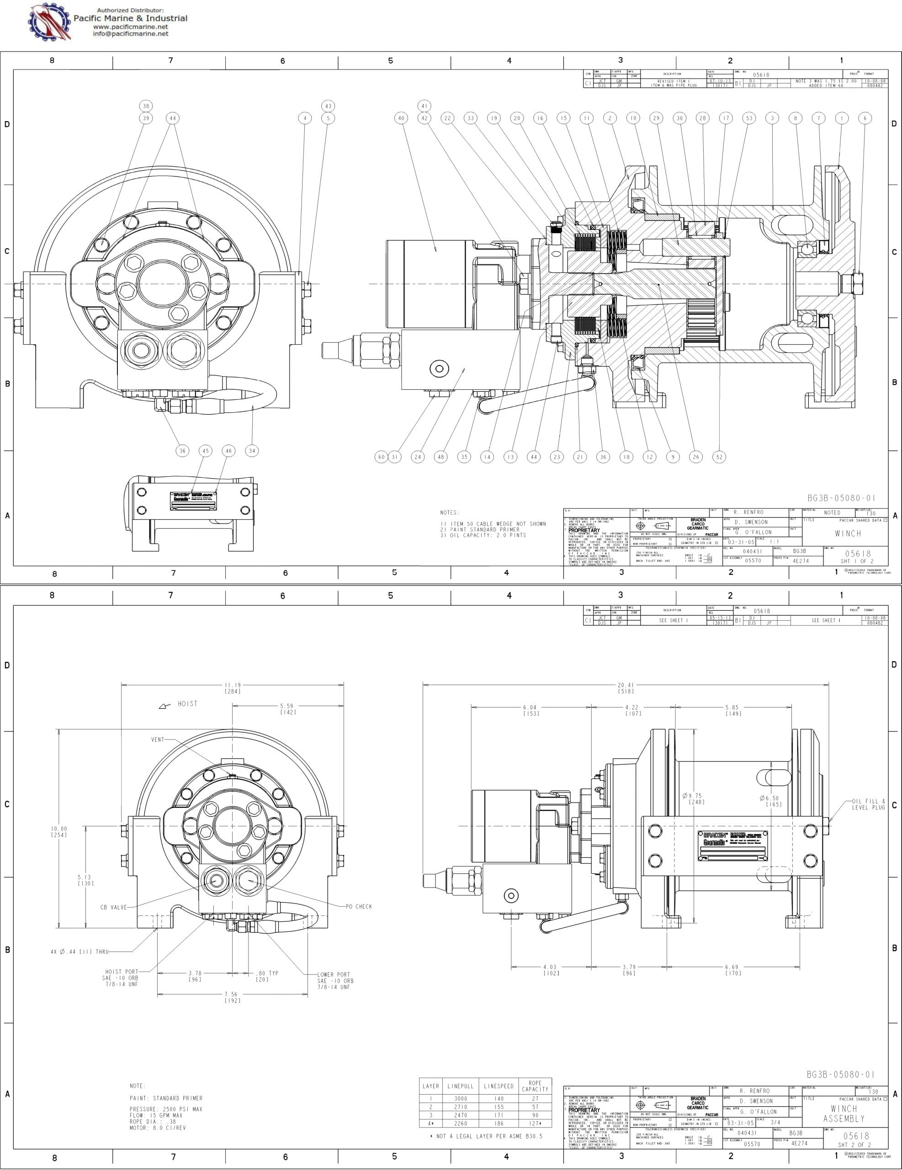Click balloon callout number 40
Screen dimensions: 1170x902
pos(401,118)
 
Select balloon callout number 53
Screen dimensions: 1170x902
pos(749,118)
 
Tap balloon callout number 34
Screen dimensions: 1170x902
pos(252,451)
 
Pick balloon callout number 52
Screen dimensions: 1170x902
pos(719,457)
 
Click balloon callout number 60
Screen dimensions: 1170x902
pos(381,457)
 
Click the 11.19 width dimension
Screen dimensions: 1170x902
pos(233,688)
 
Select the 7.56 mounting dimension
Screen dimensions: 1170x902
pos(233,997)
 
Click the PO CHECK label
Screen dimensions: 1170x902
pos(359,907)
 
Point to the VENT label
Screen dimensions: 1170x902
pos(158,739)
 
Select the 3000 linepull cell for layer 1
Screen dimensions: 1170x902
pos(460,1099)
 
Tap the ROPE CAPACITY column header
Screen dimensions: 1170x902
pos(535,1086)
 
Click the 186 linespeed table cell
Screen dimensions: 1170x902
pos(498,1124)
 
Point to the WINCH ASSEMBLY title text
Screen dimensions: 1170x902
pos(844,1114)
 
